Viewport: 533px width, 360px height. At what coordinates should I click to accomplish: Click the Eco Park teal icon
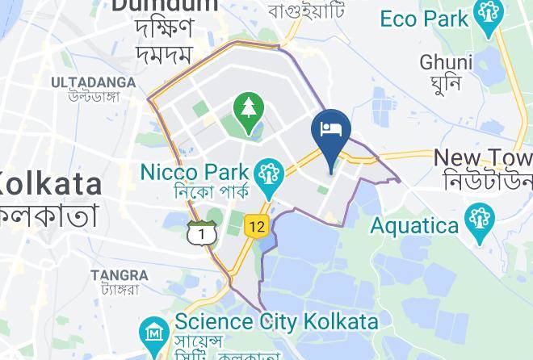489,17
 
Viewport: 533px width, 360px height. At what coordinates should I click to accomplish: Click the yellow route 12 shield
256,228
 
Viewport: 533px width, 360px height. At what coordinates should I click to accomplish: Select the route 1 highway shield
199,233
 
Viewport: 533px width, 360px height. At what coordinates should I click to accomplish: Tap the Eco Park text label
423,18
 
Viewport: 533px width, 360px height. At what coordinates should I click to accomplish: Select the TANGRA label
120,274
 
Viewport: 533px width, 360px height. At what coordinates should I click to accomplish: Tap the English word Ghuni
446,62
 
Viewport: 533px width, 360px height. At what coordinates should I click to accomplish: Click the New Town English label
483,157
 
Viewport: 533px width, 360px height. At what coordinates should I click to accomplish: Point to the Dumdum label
165,6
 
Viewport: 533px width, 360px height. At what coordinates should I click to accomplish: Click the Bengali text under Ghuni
446,82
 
